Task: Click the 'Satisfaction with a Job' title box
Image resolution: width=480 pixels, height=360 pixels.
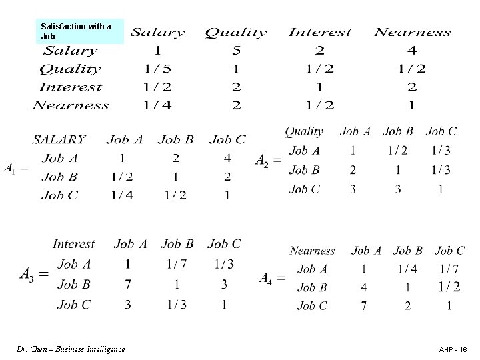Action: coord(79,31)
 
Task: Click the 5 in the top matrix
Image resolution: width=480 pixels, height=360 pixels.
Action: coord(236,50)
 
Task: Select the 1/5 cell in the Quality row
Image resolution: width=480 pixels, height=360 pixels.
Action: coord(157,68)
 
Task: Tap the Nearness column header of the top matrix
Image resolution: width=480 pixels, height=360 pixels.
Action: coord(412,32)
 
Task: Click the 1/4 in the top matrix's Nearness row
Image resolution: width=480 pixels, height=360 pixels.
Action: coord(157,105)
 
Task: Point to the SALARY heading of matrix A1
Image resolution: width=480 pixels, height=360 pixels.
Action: coord(59,139)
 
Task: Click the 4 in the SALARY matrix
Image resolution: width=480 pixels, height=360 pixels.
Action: coord(227,159)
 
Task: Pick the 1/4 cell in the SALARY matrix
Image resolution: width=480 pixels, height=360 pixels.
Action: coord(122,195)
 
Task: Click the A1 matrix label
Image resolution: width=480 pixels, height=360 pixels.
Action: coord(15,169)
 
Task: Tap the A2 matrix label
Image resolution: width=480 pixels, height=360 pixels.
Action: coord(268,160)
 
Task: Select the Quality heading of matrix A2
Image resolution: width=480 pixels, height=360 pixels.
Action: coord(303,132)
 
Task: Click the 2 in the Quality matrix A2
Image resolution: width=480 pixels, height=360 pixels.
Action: coord(353,170)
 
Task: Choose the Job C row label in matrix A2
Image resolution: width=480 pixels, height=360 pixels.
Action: coord(304,189)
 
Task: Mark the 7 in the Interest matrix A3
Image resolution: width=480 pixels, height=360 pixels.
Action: coord(127,284)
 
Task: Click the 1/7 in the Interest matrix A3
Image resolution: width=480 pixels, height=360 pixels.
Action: coord(176,264)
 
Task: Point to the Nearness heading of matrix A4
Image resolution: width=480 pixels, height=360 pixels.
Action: coord(312,251)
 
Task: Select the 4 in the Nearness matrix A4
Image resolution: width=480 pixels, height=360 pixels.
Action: coord(364,287)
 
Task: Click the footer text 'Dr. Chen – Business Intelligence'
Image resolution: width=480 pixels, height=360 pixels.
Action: coord(71,349)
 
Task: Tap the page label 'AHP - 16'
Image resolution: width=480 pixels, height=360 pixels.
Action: coord(453,349)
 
